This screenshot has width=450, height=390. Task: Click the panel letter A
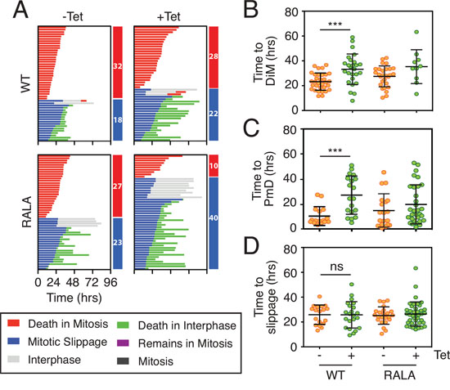pos(20,11)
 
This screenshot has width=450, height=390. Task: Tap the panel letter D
pos(251,246)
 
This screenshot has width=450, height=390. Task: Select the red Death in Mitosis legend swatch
pos(13,324)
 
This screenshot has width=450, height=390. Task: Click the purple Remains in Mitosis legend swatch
pos(123,343)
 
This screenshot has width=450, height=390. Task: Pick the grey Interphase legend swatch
pos(13,359)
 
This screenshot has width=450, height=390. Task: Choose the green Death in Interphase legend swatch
pos(123,325)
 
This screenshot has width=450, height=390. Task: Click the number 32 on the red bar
pos(118,66)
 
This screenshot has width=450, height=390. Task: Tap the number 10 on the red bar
pos(214,166)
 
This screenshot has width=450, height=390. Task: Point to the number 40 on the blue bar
pos(214,218)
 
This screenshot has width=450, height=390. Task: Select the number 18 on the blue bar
pos(118,119)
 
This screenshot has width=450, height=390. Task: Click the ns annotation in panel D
pos(336,267)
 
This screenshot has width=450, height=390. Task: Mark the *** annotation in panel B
pos(335,24)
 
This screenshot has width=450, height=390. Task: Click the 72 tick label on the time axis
pos(92,282)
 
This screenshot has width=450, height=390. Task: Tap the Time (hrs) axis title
pos(74,298)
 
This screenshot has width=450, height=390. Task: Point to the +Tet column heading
pos(169,16)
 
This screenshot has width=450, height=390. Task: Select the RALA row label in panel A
pos(27,212)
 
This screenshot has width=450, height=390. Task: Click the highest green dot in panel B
pos(416,32)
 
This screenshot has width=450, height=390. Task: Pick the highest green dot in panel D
pos(416,268)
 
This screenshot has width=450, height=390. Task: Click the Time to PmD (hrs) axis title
pos(263,179)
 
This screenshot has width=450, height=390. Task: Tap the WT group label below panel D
pos(335,374)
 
